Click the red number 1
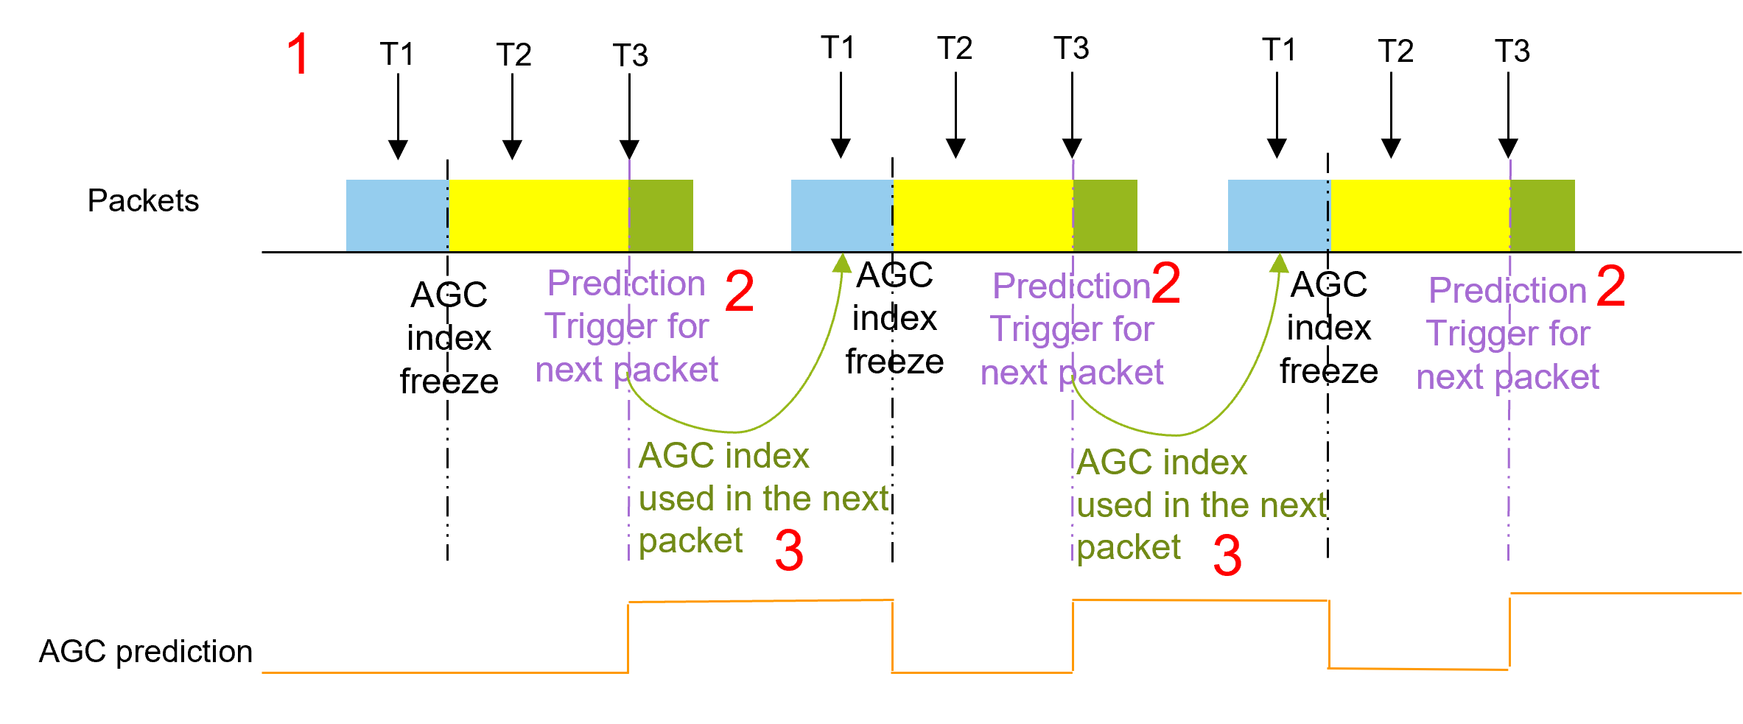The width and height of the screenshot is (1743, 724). pyautogui.click(x=298, y=54)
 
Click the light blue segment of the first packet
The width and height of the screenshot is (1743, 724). pyautogui.click(x=396, y=215)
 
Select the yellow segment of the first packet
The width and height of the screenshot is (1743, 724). pyautogui.click(x=538, y=215)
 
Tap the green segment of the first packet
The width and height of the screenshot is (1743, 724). pyautogui.click(x=661, y=215)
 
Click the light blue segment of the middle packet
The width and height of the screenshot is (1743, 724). pyautogui.click(x=841, y=215)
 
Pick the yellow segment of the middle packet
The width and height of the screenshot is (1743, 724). pyautogui.click(x=983, y=215)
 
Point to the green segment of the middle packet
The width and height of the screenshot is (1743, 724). pyautogui.click(x=1105, y=215)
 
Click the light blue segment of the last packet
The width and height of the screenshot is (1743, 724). pyautogui.click(x=1278, y=215)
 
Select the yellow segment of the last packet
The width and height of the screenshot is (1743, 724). pyautogui.click(x=1420, y=215)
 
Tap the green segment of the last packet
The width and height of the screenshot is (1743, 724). pyautogui.click(x=1543, y=215)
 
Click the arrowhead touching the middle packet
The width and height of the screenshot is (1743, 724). pyautogui.click(x=843, y=263)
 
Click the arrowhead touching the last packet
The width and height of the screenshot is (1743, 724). pyautogui.click(x=1280, y=263)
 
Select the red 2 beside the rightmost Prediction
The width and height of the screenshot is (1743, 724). pyautogui.click(x=1611, y=286)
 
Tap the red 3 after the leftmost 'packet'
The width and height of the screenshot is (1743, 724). pyautogui.click(x=789, y=551)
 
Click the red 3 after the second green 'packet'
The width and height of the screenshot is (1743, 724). pyautogui.click(x=1227, y=555)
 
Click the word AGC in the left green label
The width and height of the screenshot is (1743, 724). pyautogui.click(x=676, y=456)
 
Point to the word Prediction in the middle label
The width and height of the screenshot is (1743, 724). pyautogui.click(x=1071, y=286)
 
